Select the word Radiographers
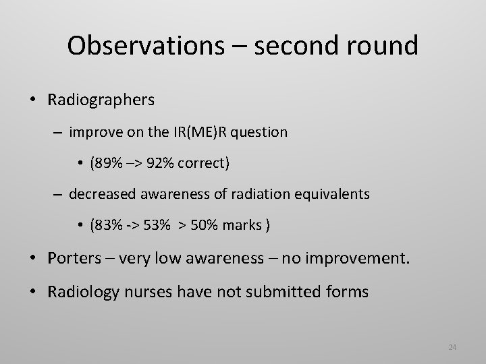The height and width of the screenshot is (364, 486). pos(101,100)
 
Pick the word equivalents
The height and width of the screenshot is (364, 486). pos(331,194)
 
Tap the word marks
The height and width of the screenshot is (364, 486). pos(246,225)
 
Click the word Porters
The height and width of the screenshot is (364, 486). pos(72,258)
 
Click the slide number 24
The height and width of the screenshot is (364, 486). pos(452,347)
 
